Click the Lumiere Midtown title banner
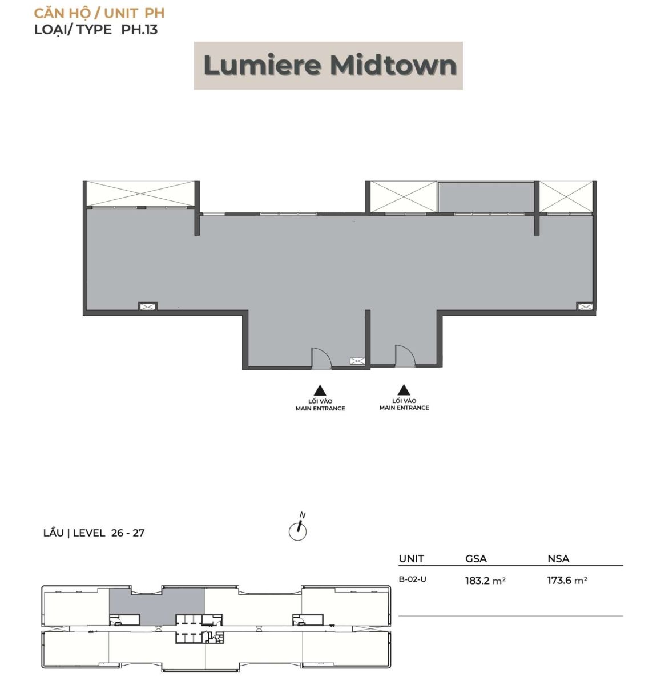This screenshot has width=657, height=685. (328, 66)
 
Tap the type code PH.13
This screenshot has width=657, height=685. (139, 30)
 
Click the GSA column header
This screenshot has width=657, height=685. (476, 559)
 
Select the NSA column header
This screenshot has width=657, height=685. (558, 559)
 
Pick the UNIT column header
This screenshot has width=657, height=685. (411, 559)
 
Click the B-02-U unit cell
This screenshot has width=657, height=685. (412, 579)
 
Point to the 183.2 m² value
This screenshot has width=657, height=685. (485, 580)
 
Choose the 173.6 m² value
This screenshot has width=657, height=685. (567, 580)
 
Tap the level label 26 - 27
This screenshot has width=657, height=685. (128, 533)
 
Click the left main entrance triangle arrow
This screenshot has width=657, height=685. (320, 390)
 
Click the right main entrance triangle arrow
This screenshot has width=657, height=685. (404, 390)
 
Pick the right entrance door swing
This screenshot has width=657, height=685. (405, 356)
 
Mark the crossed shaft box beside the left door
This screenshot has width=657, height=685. (357, 361)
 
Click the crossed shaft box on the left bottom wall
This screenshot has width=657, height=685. (148, 306)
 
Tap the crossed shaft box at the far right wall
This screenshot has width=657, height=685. (585, 307)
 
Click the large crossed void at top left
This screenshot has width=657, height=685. (140, 194)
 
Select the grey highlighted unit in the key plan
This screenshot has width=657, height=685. (157, 601)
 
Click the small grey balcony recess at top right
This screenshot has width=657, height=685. (487, 198)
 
